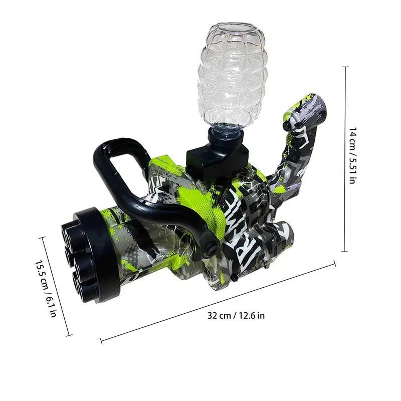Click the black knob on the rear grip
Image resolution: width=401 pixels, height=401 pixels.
[x=287, y=125]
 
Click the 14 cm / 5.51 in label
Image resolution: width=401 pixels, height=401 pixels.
[x=353, y=155]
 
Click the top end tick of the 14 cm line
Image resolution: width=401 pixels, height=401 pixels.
[x=345, y=67]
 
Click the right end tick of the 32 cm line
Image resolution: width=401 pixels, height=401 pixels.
[x=334, y=264]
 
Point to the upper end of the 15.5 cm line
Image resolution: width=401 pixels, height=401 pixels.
[x=42, y=238]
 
